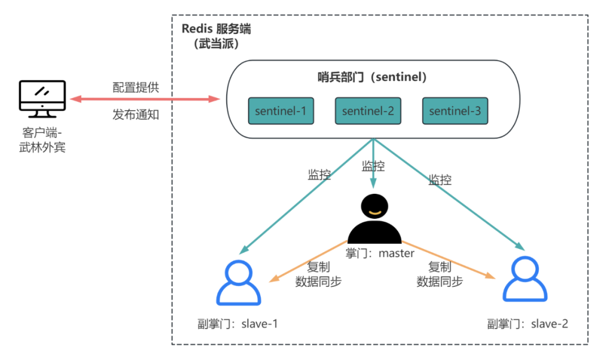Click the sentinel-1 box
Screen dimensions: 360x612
[280, 111]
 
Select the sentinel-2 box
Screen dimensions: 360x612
[368, 111]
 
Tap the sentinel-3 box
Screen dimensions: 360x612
[454, 111]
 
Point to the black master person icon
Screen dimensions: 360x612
[374, 218]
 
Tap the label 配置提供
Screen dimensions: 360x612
[136, 87]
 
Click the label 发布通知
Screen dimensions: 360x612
[136, 115]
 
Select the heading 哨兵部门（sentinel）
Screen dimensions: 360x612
[372, 77]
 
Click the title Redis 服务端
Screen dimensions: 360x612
[216, 29]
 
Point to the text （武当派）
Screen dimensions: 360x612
[216, 44]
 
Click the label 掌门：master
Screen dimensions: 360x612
[380, 253]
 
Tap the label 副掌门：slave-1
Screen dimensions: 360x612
[234, 324]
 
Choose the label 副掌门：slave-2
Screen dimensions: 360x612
[527, 324]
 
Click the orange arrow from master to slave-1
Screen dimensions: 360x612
[309, 262]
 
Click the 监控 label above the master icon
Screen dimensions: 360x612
[373, 166]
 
